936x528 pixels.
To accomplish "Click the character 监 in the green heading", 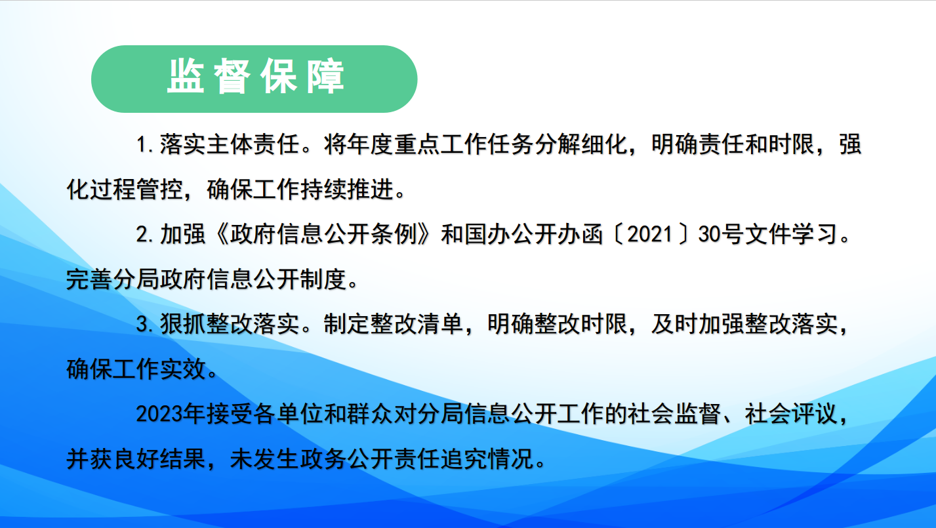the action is [186, 77].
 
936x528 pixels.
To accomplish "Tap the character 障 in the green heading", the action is [325, 77].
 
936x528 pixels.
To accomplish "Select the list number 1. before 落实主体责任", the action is [146, 144].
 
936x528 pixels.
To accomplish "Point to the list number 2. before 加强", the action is [146, 234].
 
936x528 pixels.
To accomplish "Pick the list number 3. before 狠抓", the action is [146, 325].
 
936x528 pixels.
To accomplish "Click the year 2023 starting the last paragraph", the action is [159, 415].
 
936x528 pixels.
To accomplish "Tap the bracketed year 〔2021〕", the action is [650, 234].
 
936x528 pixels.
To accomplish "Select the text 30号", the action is [721, 234].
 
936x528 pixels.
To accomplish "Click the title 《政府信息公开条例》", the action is [324, 234].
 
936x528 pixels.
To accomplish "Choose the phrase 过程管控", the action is [136, 190].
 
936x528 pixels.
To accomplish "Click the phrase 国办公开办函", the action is [534, 234].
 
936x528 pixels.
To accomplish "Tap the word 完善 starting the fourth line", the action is [89, 279].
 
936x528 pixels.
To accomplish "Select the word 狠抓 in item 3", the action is [183, 325].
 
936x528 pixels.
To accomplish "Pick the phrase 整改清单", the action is [417, 325].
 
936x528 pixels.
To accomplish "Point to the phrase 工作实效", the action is [159, 370].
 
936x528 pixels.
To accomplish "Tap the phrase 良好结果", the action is [159, 459].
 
